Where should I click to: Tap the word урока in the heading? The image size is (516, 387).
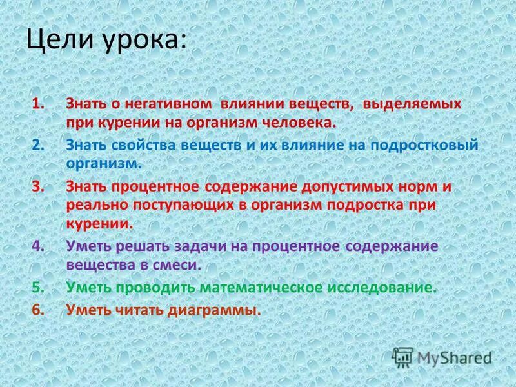click(x=143, y=43)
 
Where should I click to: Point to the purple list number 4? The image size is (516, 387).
click(x=37, y=246)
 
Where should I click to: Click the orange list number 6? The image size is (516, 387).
click(x=37, y=310)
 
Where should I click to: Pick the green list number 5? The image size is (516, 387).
click(x=37, y=287)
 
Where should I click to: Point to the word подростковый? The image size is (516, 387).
click(x=424, y=144)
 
